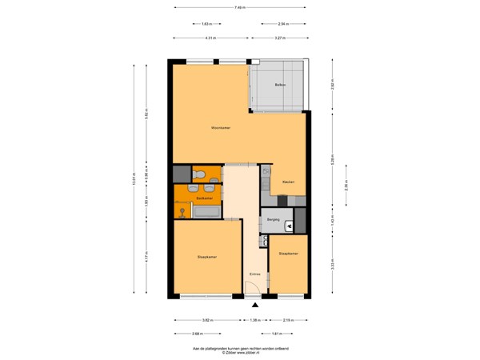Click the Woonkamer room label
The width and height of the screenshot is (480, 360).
221,128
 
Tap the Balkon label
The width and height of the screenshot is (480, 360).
280,85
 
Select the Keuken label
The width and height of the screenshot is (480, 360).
288,182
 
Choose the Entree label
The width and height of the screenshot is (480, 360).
255,274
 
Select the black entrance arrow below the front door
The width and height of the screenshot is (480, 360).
256,305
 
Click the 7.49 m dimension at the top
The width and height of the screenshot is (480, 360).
240,8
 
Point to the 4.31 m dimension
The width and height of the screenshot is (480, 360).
210,38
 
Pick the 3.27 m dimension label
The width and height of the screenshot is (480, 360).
278,38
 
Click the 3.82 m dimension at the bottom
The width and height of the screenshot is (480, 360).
206,319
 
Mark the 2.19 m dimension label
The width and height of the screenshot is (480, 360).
290,319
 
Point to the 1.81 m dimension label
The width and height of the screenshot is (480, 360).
275,334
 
